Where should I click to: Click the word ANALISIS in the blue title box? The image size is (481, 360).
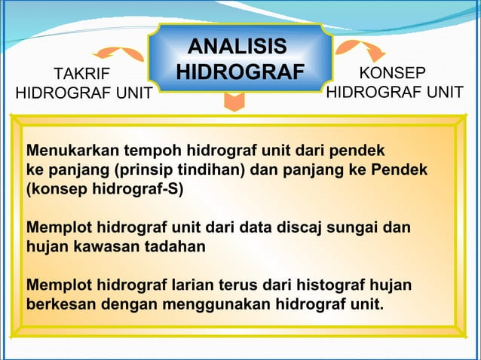tap(237, 47)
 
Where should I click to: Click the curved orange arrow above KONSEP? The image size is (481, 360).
tap(360, 50)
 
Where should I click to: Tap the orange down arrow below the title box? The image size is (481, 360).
tap(235, 102)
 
